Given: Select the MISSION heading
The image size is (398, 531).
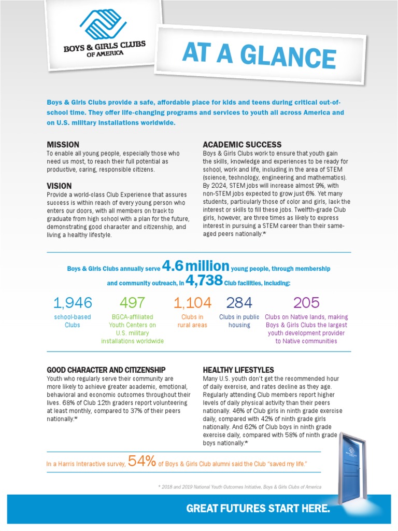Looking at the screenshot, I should click(63, 145).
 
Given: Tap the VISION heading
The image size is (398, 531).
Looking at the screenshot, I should click(59, 186).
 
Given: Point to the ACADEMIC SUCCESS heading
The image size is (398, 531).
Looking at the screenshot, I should click(242, 145).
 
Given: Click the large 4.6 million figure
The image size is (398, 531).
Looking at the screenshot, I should click(195, 267).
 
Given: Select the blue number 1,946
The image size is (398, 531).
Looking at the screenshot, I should click(73, 303).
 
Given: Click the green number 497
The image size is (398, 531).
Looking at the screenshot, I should click(132, 303).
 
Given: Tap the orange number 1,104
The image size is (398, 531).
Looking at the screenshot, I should click(192, 303).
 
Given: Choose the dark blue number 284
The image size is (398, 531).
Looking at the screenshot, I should click(239, 303).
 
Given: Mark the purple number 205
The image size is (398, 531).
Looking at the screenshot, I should click(306, 303).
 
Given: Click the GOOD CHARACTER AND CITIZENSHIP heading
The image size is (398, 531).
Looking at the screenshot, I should click(106, 370).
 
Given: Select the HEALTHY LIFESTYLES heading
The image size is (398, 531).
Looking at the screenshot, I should click(238, 370).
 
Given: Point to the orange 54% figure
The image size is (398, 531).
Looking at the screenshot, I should click(141, 462).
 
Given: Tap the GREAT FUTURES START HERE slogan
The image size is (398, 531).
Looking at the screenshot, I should click(258, 509).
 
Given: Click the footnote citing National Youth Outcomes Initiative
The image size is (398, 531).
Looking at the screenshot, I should click(239, 487).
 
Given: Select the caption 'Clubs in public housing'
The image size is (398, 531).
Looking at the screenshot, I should click(239, 321).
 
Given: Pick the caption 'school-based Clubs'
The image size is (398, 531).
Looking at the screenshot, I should click(73, 321).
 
